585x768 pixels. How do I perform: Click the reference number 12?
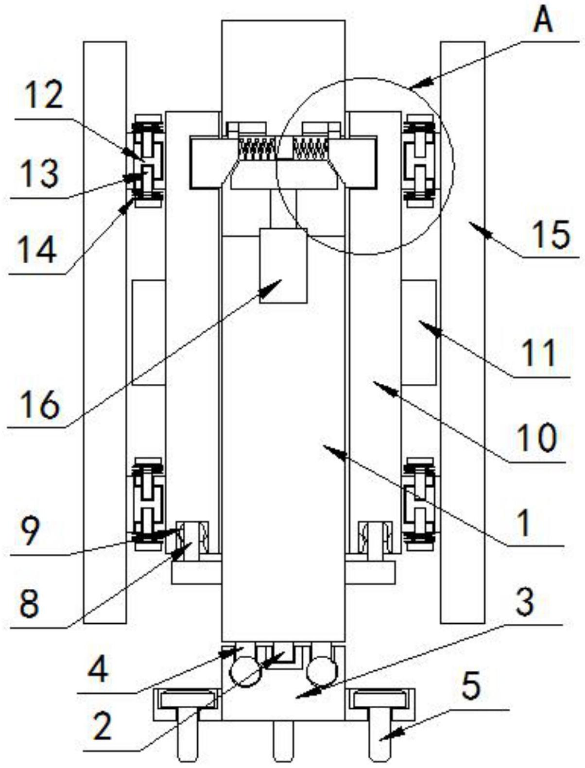[x=44, y=96]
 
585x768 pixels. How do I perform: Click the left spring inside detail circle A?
[x=258, y=149]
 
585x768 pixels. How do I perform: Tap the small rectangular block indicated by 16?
[x=283, y=265]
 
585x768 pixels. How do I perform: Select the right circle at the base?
[x=321, y=671]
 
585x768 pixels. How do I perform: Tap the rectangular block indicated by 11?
[x=419, y=332]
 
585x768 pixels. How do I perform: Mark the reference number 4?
[x=99, y=671]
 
